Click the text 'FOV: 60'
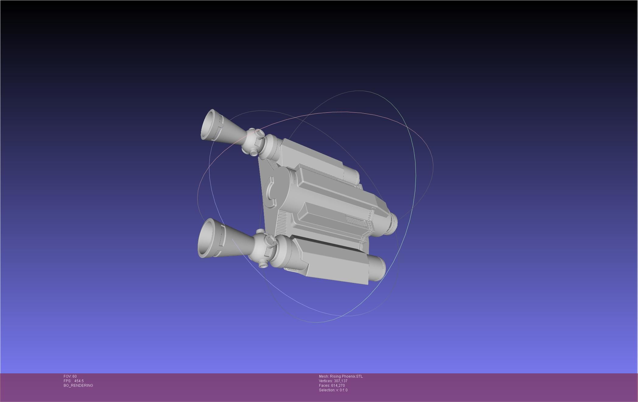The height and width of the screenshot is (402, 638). [x=70, y=376]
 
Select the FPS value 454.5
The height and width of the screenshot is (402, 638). [x=79, y=381]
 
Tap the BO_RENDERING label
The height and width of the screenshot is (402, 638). [x=78, y=386]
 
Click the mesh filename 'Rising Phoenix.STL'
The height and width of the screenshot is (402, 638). [x=346, y=376]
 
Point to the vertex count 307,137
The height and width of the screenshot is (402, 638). [x=341, y=381]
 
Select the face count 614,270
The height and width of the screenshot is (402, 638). [x=338, y=386]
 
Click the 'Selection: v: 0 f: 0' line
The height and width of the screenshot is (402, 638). [x=333, y=390]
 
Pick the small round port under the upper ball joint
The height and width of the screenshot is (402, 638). [x=254, y=152]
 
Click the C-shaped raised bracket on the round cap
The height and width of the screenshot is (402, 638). [x=270, y=192]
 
